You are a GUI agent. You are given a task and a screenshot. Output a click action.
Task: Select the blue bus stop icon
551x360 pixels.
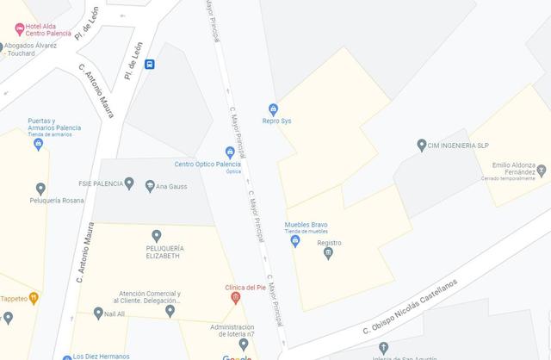pyautogui.click(x=150, y=64)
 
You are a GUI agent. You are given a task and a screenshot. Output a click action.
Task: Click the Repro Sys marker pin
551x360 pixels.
pyautogui.click(x=273, y=109)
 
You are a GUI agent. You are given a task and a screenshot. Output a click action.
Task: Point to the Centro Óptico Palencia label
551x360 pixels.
pyautogui.click(x=207, y=164)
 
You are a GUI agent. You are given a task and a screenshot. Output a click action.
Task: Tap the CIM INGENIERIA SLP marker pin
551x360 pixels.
pyautogui.click(x=421, y=146)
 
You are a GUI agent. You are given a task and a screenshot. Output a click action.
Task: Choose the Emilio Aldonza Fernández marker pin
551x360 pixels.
pyautogui.click(x=541, y=169)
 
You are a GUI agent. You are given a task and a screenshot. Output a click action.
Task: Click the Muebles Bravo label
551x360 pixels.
pyautogui.click(x=306, y=225)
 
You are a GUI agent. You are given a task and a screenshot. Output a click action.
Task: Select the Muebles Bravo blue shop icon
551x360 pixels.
pyautogui.click(x=295, y=241)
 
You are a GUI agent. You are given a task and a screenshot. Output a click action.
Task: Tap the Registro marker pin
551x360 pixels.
pyautogui.click(x=328, y=253)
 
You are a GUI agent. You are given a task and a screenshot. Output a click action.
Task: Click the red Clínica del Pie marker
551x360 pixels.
pyautogui.click(x=235, y=298)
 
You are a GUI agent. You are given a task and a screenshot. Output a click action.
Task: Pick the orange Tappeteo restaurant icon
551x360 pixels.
pyautogui.click(x=34, y=299)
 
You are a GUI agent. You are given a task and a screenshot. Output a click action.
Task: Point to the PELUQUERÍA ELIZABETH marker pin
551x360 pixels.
pyautogui.click(x=156, y=235)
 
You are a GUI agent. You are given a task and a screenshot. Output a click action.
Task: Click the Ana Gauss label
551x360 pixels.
pyautogui.click(x=172, y=185)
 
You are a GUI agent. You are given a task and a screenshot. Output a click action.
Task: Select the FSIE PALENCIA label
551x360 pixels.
pyautogui.click(x=99, y=183)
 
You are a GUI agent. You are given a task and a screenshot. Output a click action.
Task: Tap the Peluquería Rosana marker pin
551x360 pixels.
pyautogui.click(x=40, y=189)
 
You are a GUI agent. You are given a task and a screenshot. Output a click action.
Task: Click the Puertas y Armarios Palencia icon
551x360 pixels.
pyautogui.click(x=38, y=145)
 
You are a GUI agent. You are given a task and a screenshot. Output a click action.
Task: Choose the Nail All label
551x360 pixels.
pyautogui.click(x=115, y=314)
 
